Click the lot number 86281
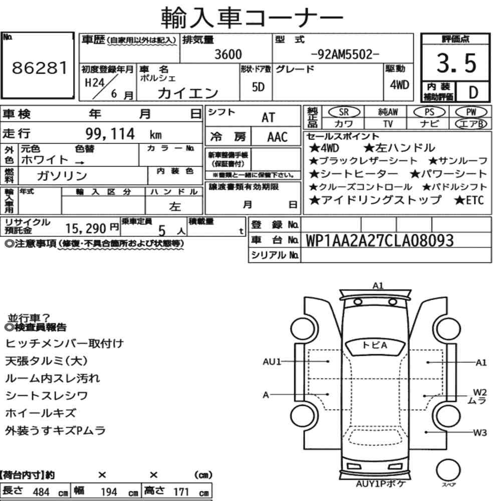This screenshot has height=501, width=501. click(x=40, y=68)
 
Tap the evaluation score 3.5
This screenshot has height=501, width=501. click(x=456, y=63)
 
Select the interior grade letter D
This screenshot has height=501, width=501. click(x=473, y=92)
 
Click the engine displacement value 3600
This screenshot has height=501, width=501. click(x=228, y=54)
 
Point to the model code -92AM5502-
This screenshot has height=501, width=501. click(x=345, y=55)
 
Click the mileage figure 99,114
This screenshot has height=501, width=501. click(x=110, y=134)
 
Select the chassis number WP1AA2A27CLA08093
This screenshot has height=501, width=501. click(x=380, y=240)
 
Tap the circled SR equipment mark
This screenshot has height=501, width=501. click(x=344, y=112)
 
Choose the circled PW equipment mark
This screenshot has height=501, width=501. click(x=471, y=112)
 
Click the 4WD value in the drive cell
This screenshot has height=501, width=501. click(x=399, y=85)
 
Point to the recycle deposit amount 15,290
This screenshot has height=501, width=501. click(x=86, y=228)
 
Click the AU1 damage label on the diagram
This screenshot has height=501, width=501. click(x=272, y=362)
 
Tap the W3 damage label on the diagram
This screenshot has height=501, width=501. click(x=480, y=433)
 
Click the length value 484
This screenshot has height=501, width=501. click(x=41, y=492)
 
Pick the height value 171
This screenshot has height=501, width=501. click(x=181, y=491)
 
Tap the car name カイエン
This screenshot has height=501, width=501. click(x=188, y=93)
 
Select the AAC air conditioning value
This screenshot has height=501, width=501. click(x=278, y=137)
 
